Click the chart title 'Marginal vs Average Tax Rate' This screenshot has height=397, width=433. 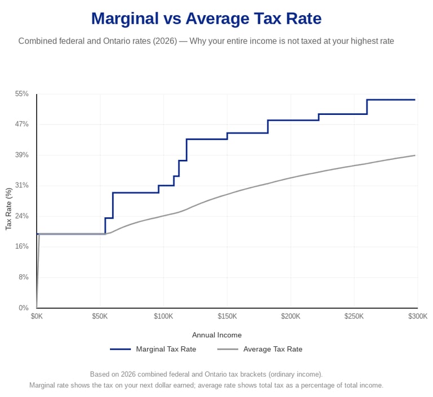point(206,19)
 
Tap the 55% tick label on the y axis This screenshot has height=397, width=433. point(22,94)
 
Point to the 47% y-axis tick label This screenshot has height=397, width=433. point(22,124)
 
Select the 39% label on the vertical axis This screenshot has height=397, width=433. point(22,155)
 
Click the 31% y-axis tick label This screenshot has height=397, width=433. point(22,185)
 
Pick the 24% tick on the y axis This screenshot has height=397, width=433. point(22,216)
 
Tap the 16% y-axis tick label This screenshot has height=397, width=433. point(22,247)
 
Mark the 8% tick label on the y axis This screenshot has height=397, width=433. point(24,277)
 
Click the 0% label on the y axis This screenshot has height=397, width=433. point(24,308)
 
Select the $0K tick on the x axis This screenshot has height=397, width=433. point(37,316)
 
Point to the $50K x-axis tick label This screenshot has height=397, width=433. point(100,316)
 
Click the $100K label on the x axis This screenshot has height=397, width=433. point(164,316)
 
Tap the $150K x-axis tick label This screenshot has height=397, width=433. point(227,316)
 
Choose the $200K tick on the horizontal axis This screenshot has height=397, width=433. point(291,316)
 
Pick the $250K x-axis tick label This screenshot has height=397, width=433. point(354,316)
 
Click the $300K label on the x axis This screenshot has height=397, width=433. point(418,316)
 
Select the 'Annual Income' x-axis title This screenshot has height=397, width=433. point(216,335)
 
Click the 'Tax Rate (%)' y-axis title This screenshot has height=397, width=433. point(8,209)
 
